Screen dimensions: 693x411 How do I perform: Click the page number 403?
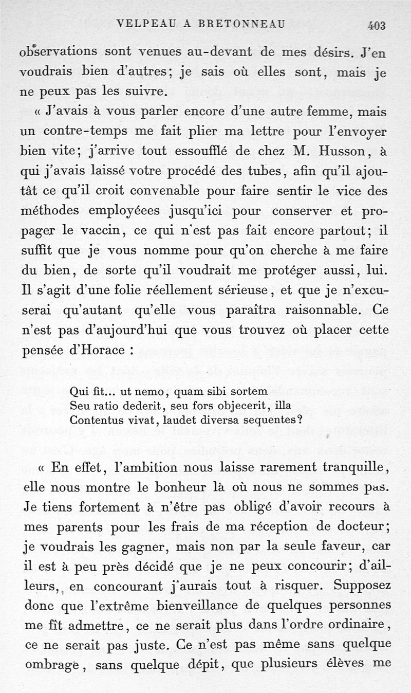click(377, 25)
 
